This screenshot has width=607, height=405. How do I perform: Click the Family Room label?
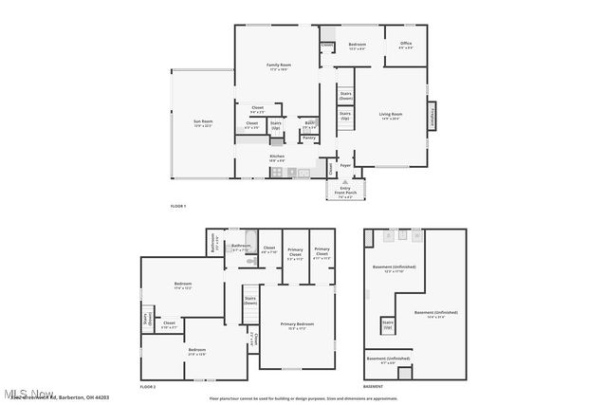(x=277, y=66)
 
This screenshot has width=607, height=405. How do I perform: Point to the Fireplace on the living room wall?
(x=432, y=115)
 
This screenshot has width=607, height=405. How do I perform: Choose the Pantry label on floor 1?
(x=309, y=138)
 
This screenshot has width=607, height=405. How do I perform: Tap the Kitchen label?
(x=277, y=157)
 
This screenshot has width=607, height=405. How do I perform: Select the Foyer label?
(x=345, y=165)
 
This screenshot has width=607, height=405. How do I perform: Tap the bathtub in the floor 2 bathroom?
(x=251, y=238)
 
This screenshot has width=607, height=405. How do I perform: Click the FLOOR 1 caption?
(x=178, y=207)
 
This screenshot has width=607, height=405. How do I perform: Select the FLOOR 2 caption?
(x=148, y=387)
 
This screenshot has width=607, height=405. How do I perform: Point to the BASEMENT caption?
(x=374, y=387)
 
